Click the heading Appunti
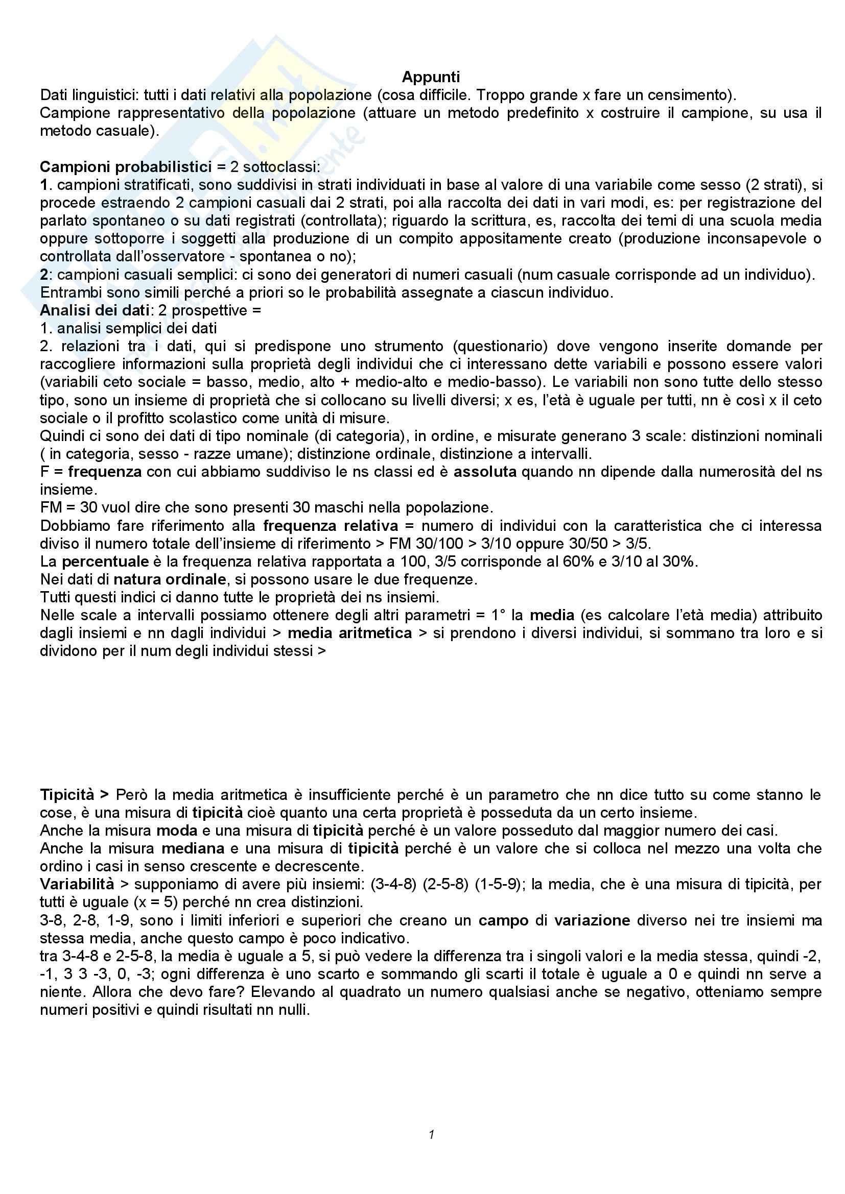pyautogui.click(x=431, y=77)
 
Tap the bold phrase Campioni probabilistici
pyautogui.click(x=125, y=167)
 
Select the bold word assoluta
pyautogui.click(x=485, y=472)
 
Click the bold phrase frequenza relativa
pyautogui.click(x=331, y=526)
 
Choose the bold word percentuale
pyautogui.click(x=106, y=562)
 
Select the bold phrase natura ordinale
pyautogui.click(x=170, y=579)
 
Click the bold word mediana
pyautogui.click(x=193, y=849)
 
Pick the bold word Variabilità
pyautogui.click(x=77, y=885)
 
